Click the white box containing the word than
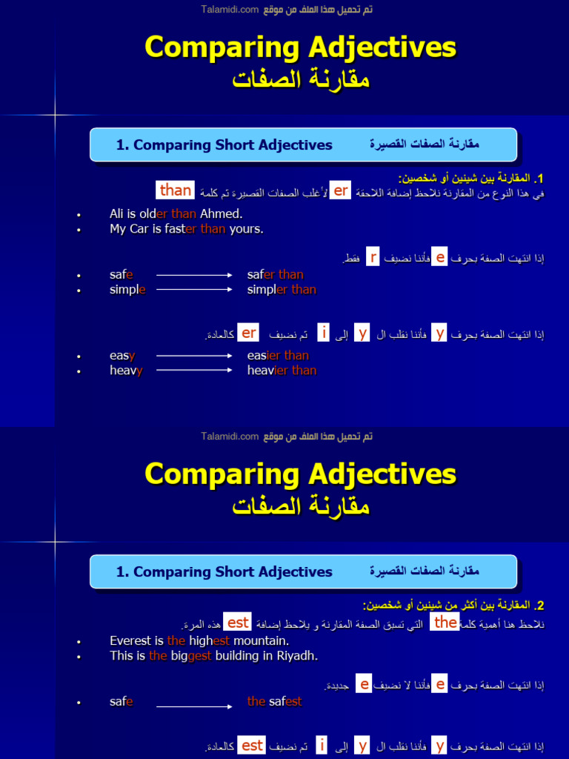pyautogui.click(x=176, y=190)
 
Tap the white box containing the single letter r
pyautogui.click(x=373, y=257)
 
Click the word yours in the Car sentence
pyautogui.click(x=246, y=229)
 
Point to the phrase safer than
pyautogui.click(x=275, y=275)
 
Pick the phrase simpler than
pyautogui.click(x=282, y=290)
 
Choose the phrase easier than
pyautogui.click(x=278, y=356)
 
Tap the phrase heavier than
pyautogui.click(x=282, y=371)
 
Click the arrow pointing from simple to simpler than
pyautogui.click(x=194, y=290)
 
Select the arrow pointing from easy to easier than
pyautogui.click(x=194, y=356)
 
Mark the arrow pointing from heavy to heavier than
pyautogui.click(x=194, y=371)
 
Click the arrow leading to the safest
pyautogui.click(x=194, y=706)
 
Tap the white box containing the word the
pyautogui.click(x=445, y=623)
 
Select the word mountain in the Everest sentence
pyautogui.click(x=261, y=641)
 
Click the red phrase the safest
pyautogui.click(x=274, y=702)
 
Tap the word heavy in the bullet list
pyautogui.click(x=126, y=371)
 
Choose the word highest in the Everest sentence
pyautogui.click(x=209, y=641)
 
